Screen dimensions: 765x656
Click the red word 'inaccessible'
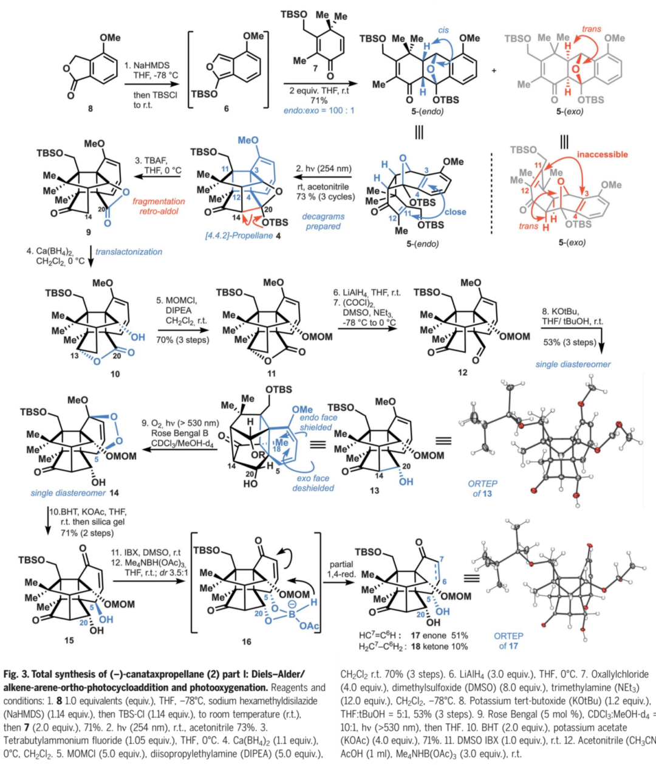[x=602, y=154]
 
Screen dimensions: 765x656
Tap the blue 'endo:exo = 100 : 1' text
[x=318, y=112]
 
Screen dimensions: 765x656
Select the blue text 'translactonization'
[x=129, y=251]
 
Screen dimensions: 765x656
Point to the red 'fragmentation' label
[x=159, y=201]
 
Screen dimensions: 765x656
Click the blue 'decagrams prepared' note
[x=324, y=221]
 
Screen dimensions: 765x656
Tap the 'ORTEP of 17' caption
[x=508, y=640]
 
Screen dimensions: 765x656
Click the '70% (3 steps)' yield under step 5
[x=183, y=340]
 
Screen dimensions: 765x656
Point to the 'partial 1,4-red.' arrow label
[x=341, y=569]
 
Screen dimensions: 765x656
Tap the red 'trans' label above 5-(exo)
[x=592, y=29]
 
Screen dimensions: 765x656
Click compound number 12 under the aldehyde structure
[x=463, y=372]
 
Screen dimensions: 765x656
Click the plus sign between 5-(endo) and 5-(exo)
[x=494, y=72]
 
